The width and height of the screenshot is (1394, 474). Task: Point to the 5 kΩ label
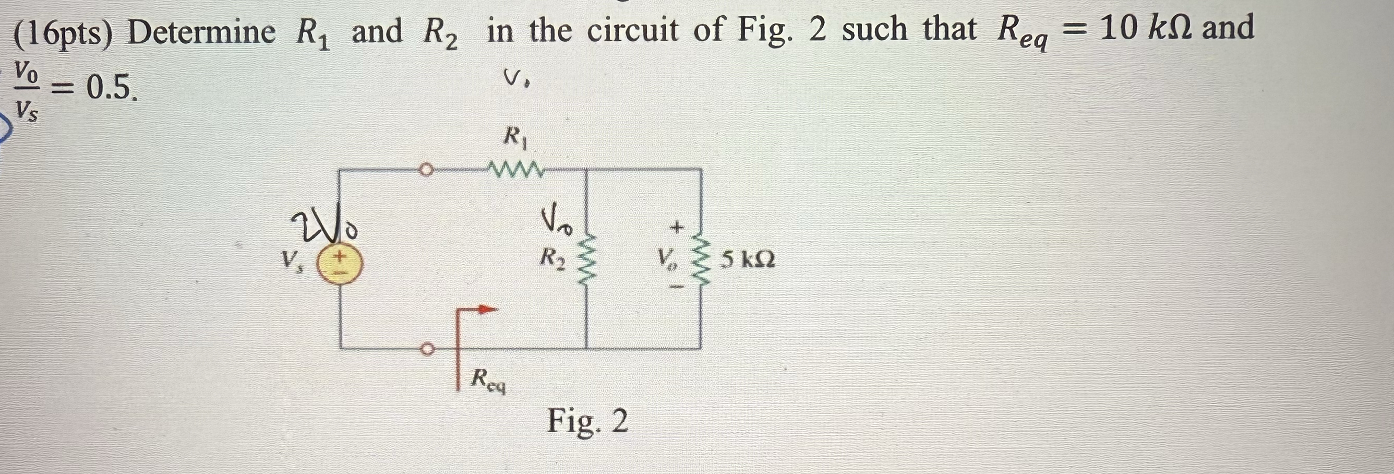click(x=748, y=260)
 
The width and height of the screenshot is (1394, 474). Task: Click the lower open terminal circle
click(x=427, y=349)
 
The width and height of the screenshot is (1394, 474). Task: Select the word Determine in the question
click(x=201, y=32)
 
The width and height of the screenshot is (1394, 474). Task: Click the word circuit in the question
click(x=633, y=30)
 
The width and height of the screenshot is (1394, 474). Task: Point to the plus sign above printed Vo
click(x=677, y=228)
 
